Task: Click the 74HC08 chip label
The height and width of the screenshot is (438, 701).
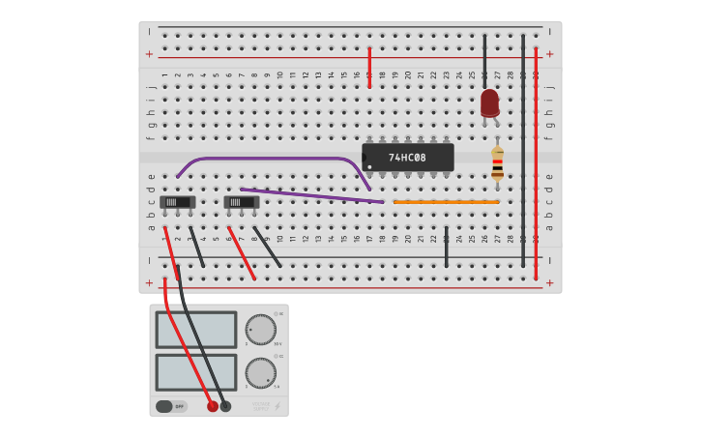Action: point(407,158)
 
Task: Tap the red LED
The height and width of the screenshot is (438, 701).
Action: point(490,102)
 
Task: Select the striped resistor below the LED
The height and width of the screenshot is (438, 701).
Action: point(497,163)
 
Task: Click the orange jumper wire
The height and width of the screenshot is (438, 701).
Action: point(446,202)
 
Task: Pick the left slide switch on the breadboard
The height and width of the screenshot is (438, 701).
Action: point(178,202)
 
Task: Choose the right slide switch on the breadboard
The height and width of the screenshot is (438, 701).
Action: point(241,202)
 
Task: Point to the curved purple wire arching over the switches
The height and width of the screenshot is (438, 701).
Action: point(271,159)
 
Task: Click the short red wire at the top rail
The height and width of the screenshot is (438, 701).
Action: point(369,68)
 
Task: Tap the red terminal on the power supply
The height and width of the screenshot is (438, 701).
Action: point(213,406)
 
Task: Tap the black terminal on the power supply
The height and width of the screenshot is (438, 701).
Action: point(225,406)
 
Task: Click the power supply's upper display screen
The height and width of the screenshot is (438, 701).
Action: point(196,330)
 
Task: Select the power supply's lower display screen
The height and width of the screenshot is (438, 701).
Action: point(196,372)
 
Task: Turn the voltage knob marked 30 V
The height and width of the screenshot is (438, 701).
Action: point(260,329)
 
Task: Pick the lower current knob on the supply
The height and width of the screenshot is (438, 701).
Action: point(260,372)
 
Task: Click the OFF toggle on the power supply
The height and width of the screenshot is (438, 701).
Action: point(170,406)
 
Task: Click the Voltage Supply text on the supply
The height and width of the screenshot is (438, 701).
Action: point(261,405)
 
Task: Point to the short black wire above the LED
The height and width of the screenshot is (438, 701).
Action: point(484,61)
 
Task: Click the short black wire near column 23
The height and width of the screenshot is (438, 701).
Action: point(446,247)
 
